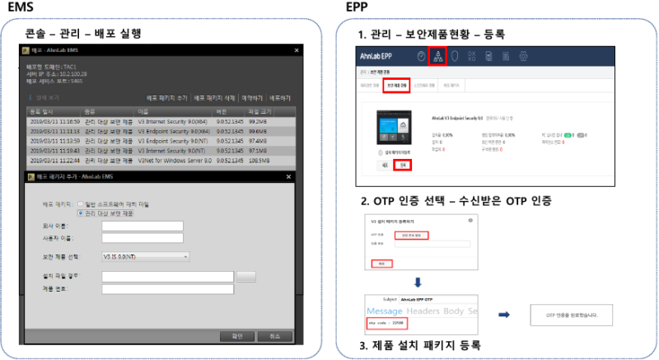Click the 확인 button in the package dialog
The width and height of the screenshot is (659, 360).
(x=237, y=335)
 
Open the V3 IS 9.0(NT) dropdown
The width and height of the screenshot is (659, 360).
(x=146, y=257)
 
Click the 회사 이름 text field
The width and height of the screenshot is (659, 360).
(x=142, y=226)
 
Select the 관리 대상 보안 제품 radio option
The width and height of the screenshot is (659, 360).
(x=80, y=212)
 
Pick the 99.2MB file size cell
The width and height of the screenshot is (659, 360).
(x=259, y=120)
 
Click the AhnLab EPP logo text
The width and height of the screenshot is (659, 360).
(x=379, y=56)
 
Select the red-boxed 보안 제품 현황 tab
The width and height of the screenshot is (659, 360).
(x=395, y=86)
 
